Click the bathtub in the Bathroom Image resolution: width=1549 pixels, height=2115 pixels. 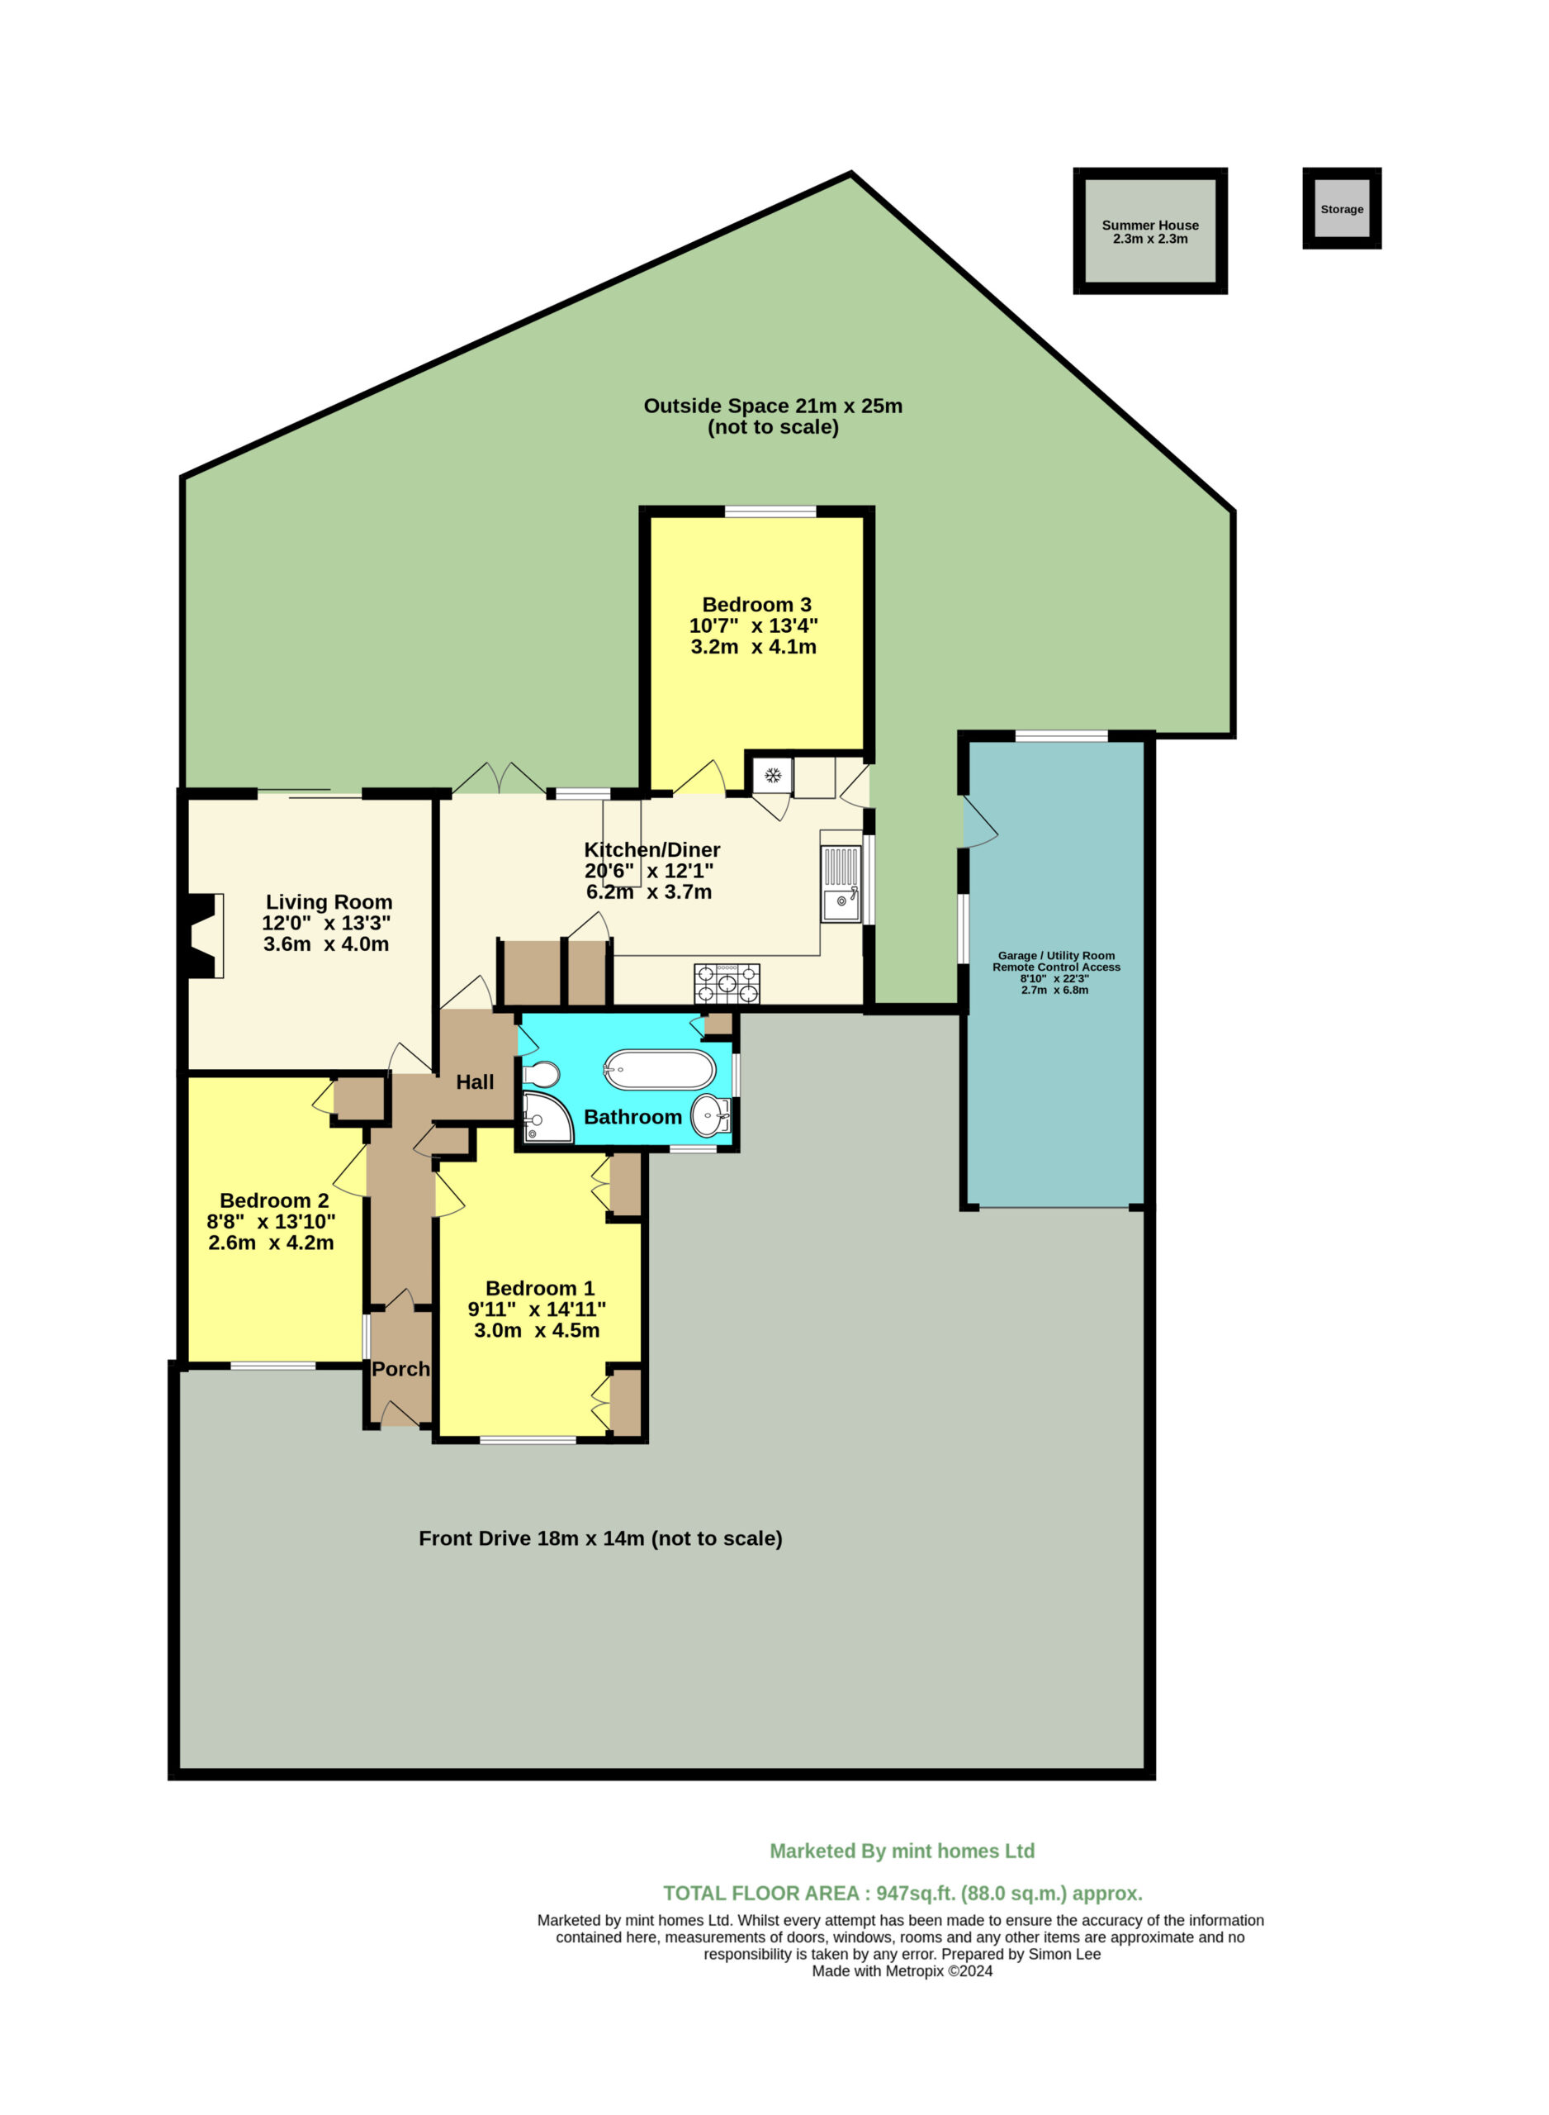tap(659, 1069)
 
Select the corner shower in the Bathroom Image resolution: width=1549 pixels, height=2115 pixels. tap(547, 1118)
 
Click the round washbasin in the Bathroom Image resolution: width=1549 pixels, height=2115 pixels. tap(710, 1115)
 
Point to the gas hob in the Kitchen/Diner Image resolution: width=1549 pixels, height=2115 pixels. tap(727, 984)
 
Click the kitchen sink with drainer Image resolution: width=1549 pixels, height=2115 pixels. tap(841, 883)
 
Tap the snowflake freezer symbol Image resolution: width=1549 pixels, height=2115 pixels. tap(773, 776)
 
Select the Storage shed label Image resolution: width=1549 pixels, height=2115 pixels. tap(1342, 209)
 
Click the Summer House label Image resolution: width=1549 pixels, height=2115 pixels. tap(1150, 225)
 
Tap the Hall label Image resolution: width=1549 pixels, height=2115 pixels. tap(475, 1082)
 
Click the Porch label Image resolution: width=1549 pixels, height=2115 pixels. tap(400, 1369)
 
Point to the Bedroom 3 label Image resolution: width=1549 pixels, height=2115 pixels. tap(756, 605)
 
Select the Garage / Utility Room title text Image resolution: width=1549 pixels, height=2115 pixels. tap(1057, 956)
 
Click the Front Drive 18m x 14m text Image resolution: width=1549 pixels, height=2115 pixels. tap(600, 1539)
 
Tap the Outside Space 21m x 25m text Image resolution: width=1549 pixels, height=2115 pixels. tap(773, 406)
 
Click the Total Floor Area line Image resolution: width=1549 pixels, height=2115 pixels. tap(903, 1894)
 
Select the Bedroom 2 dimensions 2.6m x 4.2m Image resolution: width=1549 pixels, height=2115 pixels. tap(271, 1243)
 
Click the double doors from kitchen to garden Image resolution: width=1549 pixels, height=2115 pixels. tap(499, 781)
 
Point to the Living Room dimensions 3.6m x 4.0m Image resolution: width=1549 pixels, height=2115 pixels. tap(326, 944)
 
